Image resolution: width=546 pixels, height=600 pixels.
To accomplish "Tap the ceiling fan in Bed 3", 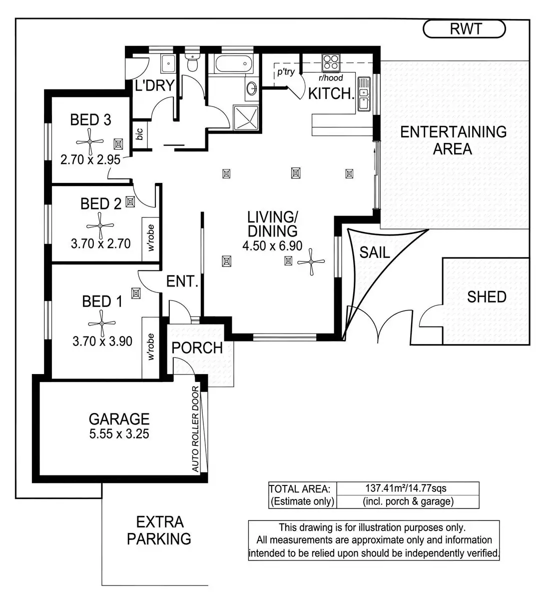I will (90, 141).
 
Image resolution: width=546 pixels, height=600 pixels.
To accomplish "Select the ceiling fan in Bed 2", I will (100, 225).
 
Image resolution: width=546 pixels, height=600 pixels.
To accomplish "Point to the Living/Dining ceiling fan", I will (311, 261).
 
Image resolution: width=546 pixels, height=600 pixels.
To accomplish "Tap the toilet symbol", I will (192, 63).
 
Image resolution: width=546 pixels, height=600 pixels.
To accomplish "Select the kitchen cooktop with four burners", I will (331, 62).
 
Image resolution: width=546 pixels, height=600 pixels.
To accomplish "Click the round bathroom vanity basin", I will (252, 89).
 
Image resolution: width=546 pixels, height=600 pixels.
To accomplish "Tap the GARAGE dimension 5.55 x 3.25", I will (119, 433).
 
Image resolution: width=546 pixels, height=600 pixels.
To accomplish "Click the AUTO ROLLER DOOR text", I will (195, 430).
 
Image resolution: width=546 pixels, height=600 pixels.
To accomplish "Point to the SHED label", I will (487, 297).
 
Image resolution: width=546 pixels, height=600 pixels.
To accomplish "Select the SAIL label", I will (375, 252).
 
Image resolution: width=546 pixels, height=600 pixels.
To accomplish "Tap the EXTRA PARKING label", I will (159, 530).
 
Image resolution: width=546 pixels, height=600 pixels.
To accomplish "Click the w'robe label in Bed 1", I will (150, 347).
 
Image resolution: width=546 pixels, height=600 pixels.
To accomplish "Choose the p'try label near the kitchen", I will (286, 72).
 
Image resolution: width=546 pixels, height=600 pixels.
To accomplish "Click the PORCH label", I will (197, 347).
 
